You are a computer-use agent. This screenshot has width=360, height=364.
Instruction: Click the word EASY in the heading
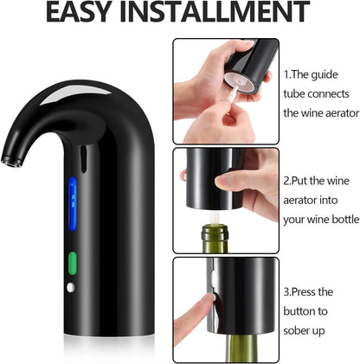(x=86, y=12)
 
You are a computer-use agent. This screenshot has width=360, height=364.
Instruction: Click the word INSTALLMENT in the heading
(x=222, y=12)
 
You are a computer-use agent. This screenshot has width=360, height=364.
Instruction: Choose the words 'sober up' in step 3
(x=311, y=330)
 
